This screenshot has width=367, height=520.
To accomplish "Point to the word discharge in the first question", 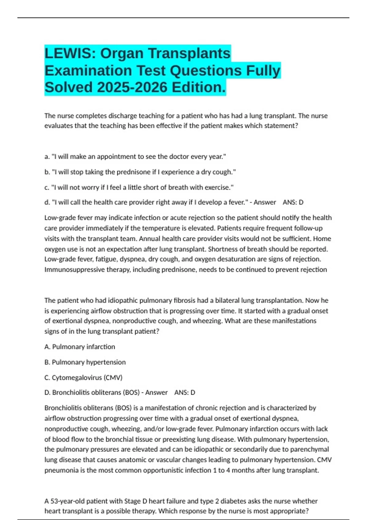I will coord(123,116).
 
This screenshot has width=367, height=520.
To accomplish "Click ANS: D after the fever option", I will coord(293,202).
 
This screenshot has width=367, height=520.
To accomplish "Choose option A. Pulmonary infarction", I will coord(80,347).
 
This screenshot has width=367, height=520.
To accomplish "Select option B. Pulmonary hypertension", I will coord(85,362).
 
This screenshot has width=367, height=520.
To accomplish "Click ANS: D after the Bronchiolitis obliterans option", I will coord(185,393).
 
